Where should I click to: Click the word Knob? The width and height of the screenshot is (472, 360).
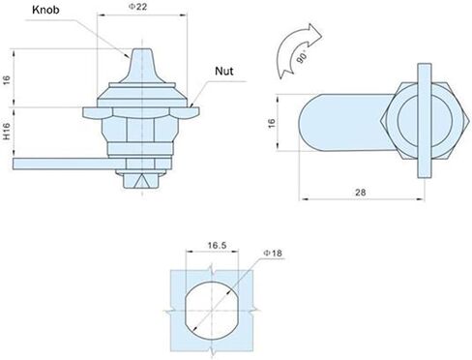point(45,10)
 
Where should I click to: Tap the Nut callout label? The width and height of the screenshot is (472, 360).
point(224,71)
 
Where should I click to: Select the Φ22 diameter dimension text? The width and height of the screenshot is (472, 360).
point(138,7)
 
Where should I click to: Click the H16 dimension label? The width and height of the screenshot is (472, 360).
point(7,132)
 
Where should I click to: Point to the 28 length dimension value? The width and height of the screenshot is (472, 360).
point(361,193)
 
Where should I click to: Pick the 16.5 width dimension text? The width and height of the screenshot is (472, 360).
point(217,246)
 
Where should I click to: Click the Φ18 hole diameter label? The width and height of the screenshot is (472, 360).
point(273,254)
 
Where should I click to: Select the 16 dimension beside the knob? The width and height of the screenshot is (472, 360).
point(7,79)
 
